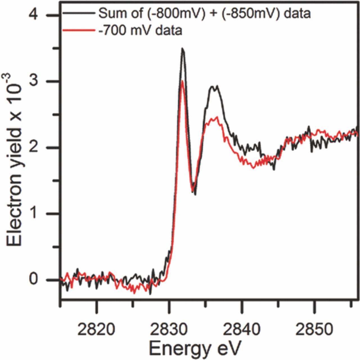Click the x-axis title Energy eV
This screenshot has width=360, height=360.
(x=195, y=349)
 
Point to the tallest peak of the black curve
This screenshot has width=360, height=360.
(x=183, y=49)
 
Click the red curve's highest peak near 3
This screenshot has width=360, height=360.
(x=183, y=81)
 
